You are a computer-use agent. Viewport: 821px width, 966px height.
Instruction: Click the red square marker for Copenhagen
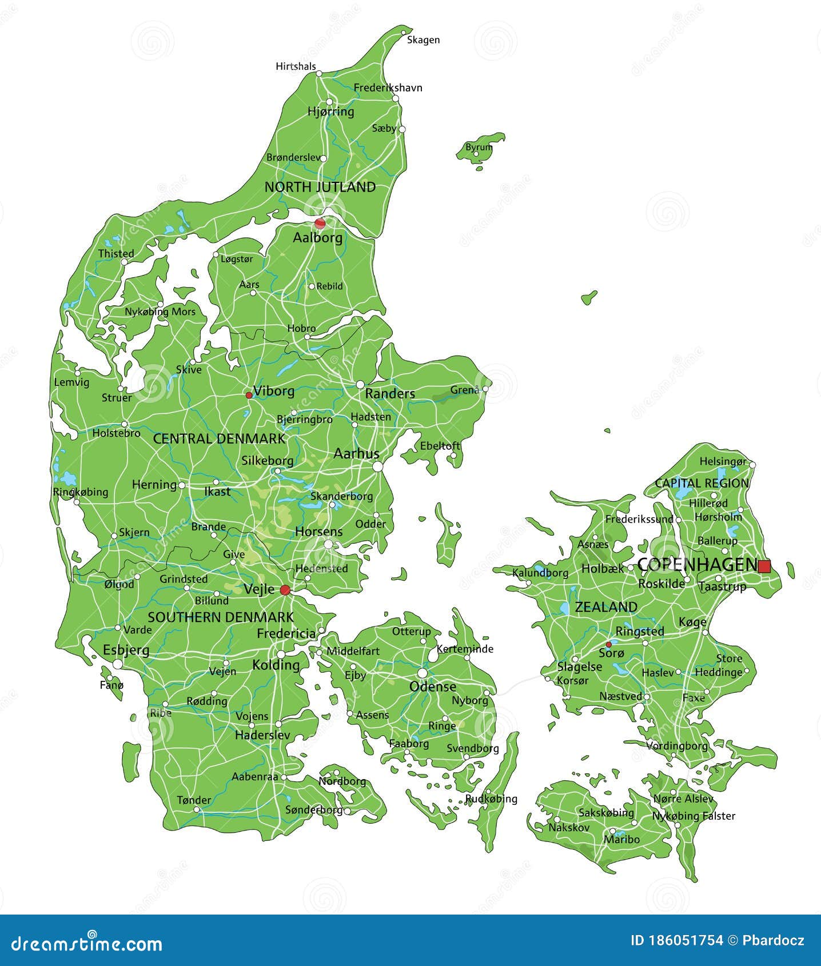point(764,566)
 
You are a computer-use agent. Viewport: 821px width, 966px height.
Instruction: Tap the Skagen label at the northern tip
point(423,39)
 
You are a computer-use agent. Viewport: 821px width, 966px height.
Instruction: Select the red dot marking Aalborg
point(320,223)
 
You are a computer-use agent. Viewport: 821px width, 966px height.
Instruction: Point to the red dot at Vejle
point(285,590)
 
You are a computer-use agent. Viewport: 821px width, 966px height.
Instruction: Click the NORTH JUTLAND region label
point(320,187)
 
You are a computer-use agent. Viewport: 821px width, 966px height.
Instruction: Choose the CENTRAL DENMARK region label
point(219,438)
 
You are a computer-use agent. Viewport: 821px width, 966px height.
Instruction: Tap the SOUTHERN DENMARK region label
point(221,617)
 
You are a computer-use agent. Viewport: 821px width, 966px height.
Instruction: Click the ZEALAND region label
point(606,607)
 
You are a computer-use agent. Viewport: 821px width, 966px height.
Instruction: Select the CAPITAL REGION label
point(702,483)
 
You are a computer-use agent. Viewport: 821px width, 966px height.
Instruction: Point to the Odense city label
point(433,686)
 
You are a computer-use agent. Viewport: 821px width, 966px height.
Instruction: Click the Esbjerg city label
point(126,650)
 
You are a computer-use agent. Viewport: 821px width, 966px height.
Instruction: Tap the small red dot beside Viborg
point(249,395)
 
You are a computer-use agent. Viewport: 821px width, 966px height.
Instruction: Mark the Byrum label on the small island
point(479,147)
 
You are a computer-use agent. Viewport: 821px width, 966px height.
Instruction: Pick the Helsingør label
point(723,461)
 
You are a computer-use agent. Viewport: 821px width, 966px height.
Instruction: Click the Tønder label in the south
point(194,800)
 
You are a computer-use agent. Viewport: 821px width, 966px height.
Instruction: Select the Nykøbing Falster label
point(694,816)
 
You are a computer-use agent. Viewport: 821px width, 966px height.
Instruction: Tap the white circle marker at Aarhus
point(377,467)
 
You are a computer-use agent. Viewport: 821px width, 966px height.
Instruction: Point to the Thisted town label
point(116,253)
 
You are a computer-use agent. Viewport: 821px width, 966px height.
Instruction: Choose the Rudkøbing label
point(491,799)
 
